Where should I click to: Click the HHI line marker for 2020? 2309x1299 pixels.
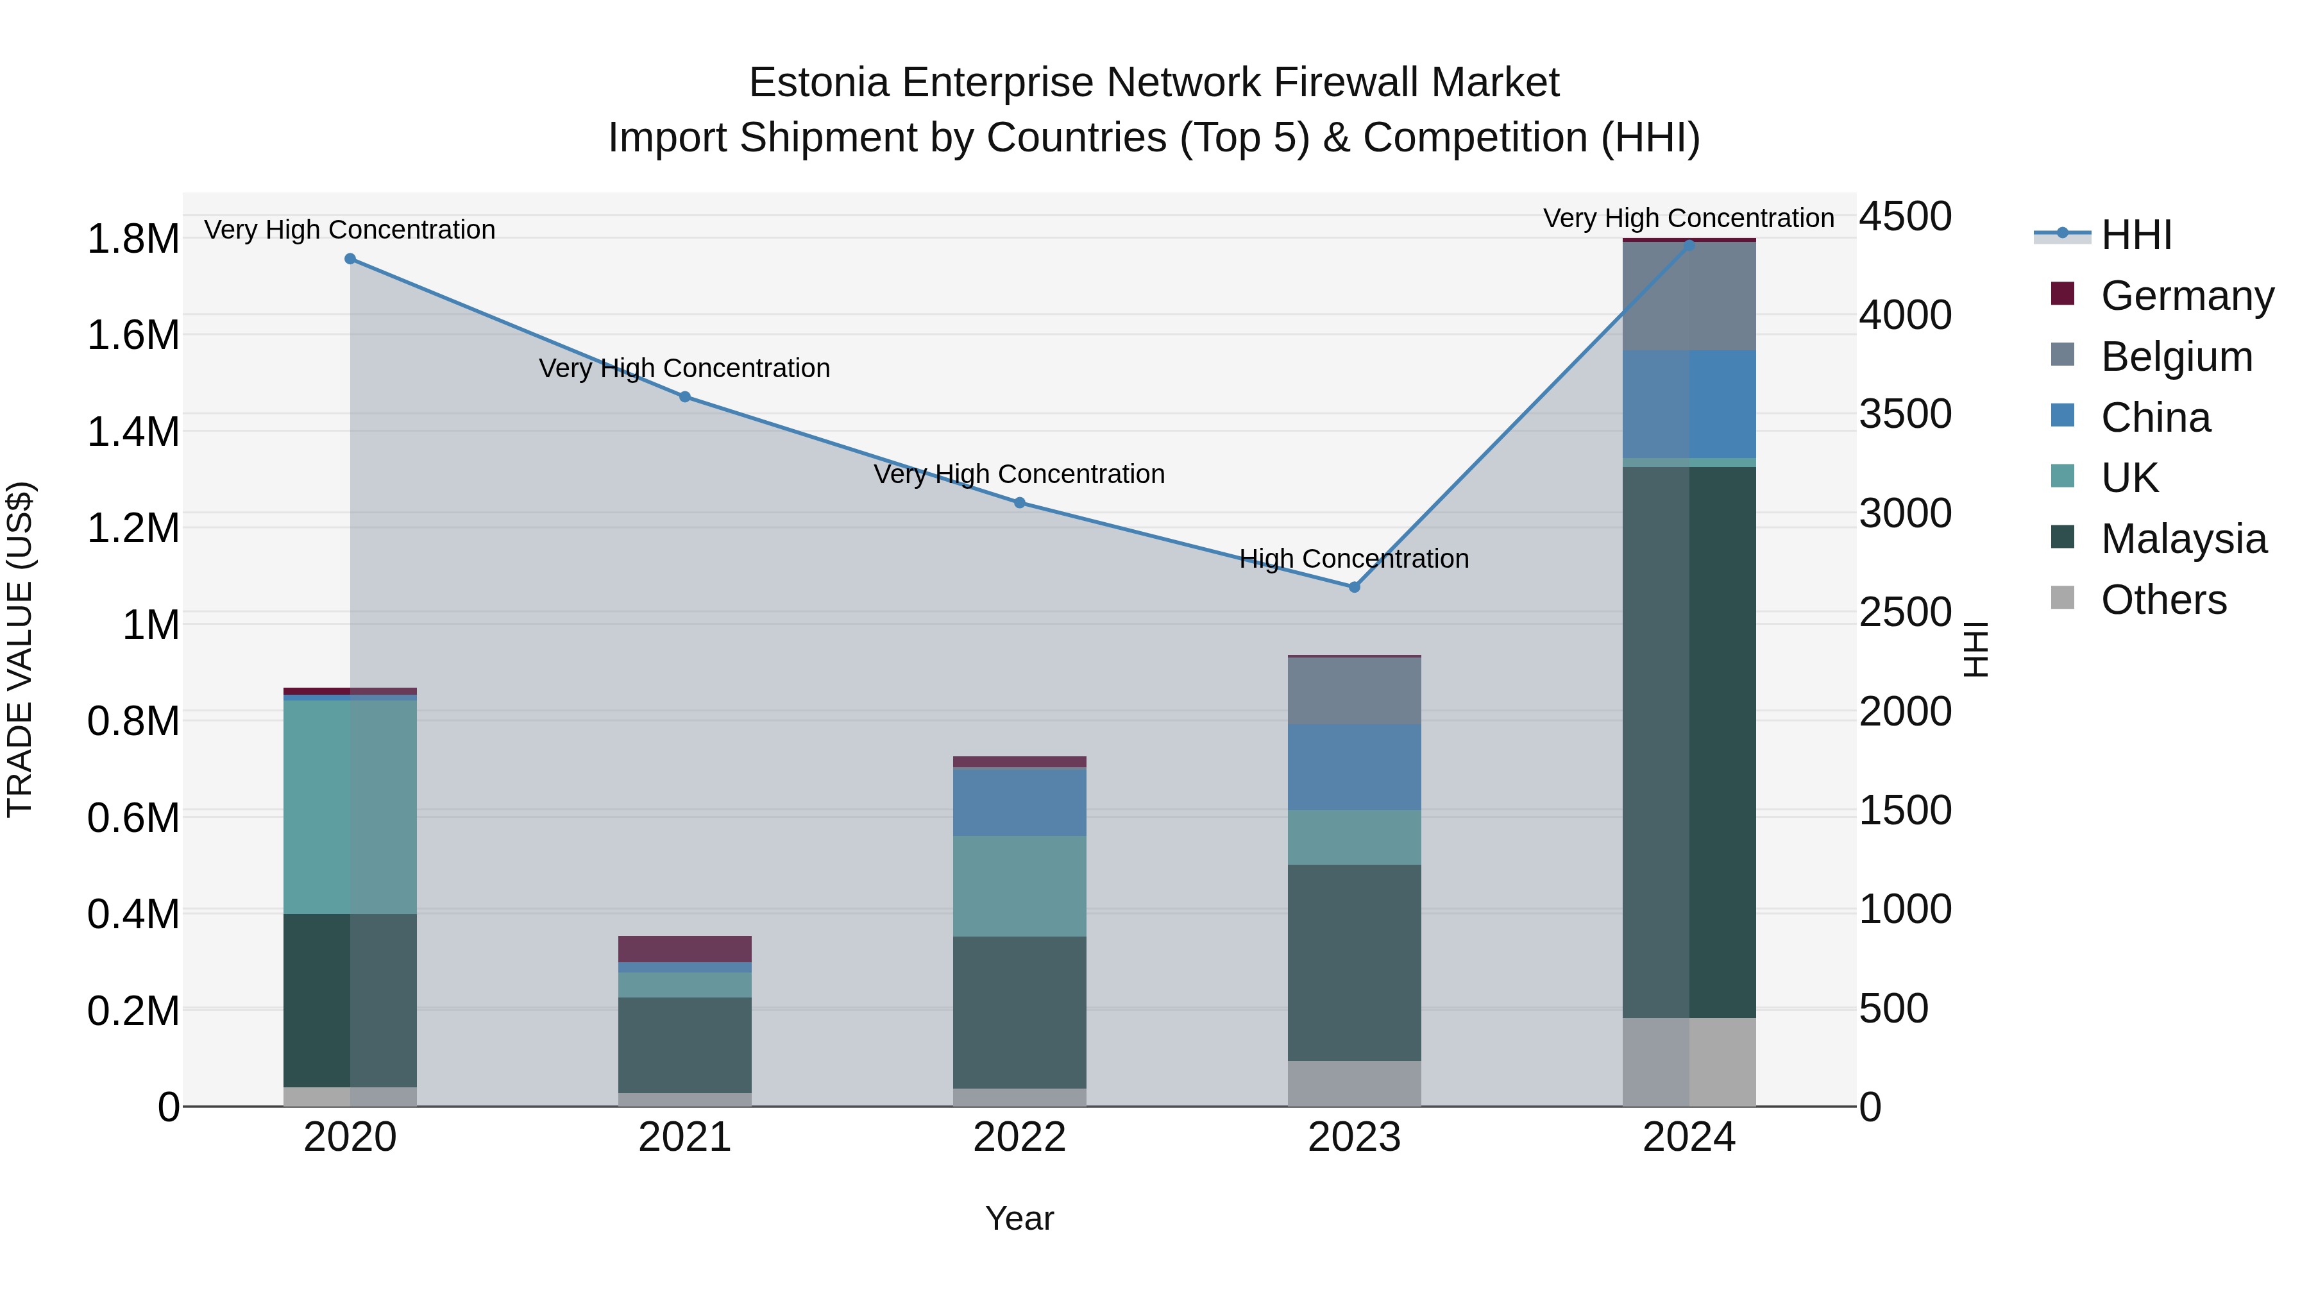point(350,259)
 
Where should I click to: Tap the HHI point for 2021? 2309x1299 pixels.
point(685,396)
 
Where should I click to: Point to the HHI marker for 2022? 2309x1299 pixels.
point(1019,503)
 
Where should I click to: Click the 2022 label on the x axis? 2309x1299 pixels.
point(1019,1137)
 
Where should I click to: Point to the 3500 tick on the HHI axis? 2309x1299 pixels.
point(1905,414)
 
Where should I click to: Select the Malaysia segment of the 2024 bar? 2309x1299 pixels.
point(1689,742)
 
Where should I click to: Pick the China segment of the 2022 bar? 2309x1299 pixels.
point(1019,801)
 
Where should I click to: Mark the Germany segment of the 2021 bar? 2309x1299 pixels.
point(685,949)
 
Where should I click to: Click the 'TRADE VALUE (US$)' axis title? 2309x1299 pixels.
point(20,649)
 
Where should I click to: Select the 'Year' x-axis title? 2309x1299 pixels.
point(1019,1218)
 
